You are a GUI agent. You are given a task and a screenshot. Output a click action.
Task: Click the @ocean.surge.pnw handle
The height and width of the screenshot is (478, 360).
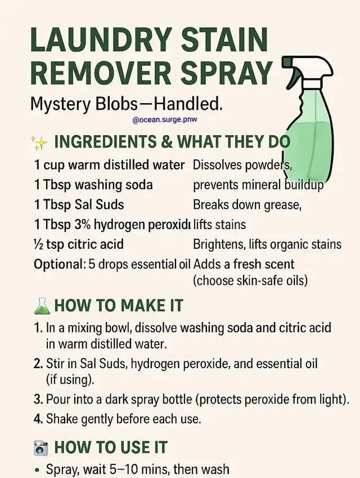[x=165, y=119]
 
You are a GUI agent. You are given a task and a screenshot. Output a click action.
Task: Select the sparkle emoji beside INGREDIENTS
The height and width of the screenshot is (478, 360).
[x=39, y=142]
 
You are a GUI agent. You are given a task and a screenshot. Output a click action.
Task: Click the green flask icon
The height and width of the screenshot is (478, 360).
[x=42, y=306]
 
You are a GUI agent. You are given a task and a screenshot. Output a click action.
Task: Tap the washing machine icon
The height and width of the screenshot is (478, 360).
[x=40, y=448]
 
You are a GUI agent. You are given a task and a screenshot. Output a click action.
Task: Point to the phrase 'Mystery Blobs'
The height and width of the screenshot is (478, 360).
[x=84, y=104]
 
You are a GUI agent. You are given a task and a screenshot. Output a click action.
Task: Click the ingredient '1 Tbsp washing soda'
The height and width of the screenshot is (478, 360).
[x=93, y=185]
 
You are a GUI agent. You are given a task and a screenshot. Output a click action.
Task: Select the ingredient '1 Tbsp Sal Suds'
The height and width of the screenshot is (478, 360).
[x=79, y=204]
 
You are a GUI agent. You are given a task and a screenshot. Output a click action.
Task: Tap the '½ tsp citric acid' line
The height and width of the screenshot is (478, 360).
[x=79, y=244]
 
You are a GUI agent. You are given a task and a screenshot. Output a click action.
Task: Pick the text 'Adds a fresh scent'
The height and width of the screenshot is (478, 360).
[x=244, y=264]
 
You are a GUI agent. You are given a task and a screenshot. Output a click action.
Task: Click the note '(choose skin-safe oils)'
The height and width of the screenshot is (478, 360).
[x=250, y=280]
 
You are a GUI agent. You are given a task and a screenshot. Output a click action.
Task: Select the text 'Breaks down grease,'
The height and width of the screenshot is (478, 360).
[x=247, y=205]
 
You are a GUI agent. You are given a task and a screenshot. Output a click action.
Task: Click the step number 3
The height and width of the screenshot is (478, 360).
[x=38, y=399]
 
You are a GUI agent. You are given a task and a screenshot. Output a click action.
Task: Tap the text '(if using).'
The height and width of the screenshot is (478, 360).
[x=70, y=380]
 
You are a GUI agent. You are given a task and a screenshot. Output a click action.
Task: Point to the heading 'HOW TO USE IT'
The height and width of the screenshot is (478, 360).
[x=111, y=447]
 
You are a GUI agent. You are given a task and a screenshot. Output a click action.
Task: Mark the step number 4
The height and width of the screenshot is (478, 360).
[x=38, y=419]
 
